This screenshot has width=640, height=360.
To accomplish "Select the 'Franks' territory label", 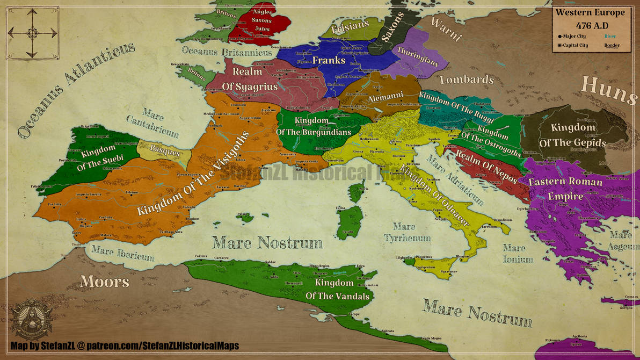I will pos(329,60).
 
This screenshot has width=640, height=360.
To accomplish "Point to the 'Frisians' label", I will pos(351,26).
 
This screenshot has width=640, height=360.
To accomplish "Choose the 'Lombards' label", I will pos(466,80).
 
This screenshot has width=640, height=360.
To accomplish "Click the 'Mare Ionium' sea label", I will pos(518,254).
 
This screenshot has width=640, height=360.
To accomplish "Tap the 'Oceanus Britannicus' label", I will pos(227,52).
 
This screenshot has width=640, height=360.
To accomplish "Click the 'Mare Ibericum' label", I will pos(122,253).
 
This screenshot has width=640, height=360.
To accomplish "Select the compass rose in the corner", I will pos(32,33).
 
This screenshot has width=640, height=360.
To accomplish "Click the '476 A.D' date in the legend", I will pos(590,25).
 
